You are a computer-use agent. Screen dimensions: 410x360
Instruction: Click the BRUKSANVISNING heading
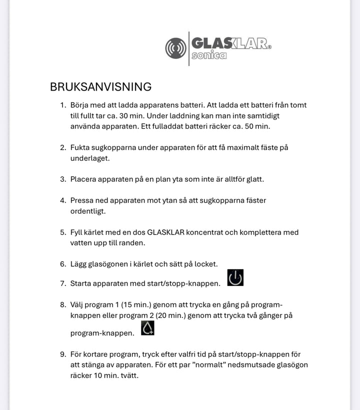tap(100, 87)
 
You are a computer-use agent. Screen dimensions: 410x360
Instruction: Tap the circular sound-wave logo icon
tap(175, 49)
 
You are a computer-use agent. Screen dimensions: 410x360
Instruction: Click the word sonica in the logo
tap(209, 55)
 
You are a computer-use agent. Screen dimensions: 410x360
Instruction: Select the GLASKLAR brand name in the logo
tap(229, 43)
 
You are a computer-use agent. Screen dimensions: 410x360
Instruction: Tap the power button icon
tap(235, 277)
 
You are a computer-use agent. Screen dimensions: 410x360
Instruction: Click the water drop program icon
tap(147, 328)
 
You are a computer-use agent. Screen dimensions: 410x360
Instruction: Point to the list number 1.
tap(63, 105)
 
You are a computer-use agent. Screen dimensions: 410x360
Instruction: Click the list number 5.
tap(63, 232)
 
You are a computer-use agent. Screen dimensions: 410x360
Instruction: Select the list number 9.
tap(63, 354)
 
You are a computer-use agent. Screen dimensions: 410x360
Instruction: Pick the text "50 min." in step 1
tap(257, 126)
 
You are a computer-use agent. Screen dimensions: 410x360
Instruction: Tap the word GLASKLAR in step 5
tap(165, 232)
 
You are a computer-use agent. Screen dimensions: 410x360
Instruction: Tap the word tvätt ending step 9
tap(127, 375)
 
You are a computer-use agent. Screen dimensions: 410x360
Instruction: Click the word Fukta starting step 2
tap(80, 147)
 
